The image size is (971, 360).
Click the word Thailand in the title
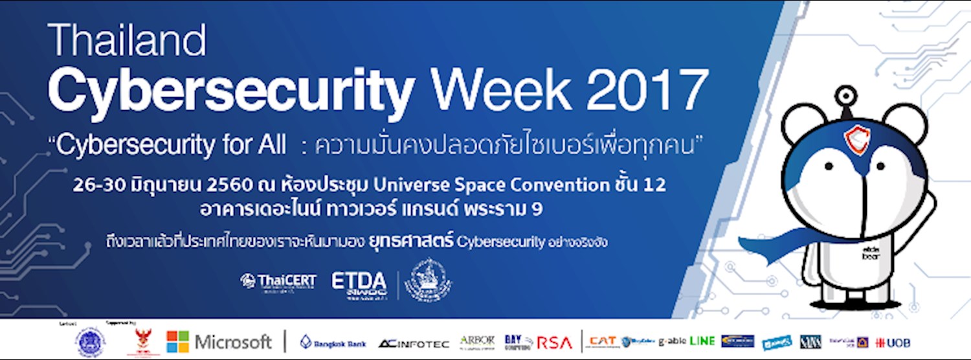pos(127,41)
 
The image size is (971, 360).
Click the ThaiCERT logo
pos(278,280)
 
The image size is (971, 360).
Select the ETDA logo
pos(359,281)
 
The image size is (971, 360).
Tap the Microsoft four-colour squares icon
pos(177,342)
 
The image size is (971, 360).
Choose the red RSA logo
pos(555,343)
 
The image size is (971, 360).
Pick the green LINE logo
pos(702,341)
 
